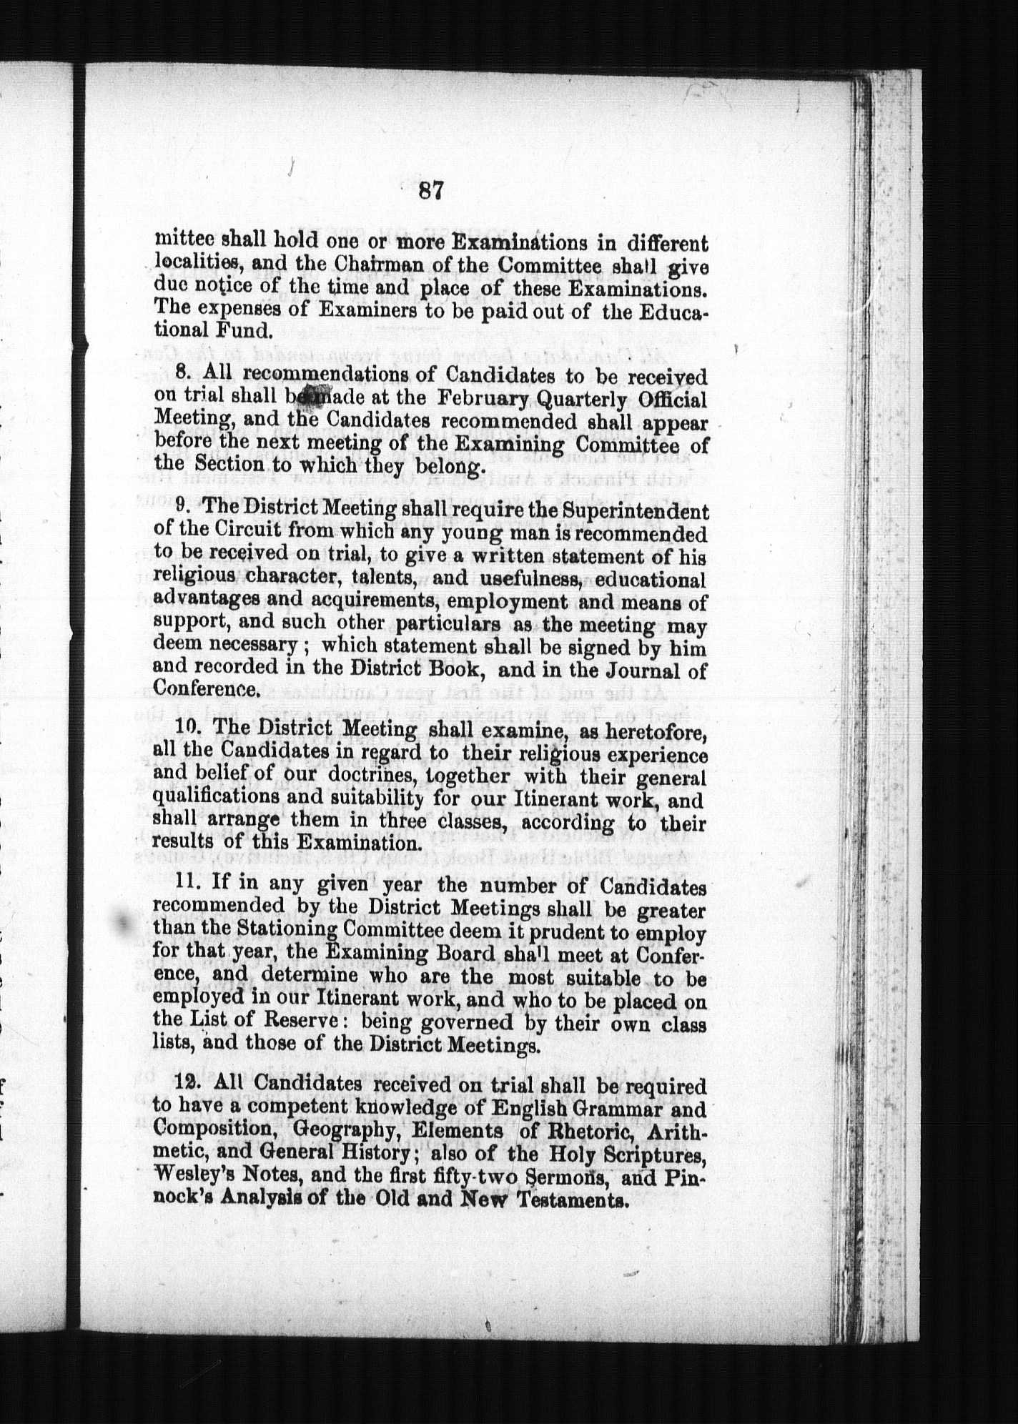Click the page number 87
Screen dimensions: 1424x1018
(x=432, y=191)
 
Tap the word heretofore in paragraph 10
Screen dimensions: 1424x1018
(x=648, y=731)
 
